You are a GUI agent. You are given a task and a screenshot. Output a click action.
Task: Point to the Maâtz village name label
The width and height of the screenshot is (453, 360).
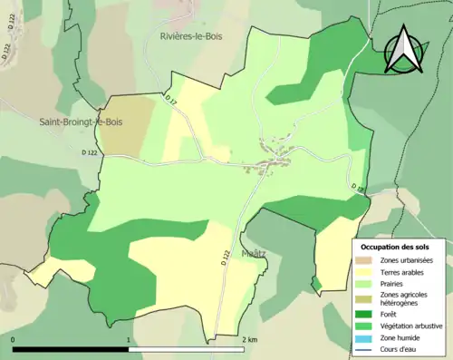coord(254,255)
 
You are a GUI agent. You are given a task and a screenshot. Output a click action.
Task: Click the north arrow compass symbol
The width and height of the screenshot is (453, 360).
coord(402,50)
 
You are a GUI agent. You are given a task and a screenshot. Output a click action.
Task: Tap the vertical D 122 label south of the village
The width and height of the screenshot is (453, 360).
coord(225,258)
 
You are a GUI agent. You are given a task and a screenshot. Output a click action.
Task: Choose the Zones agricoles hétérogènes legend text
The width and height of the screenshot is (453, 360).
coord(405,299)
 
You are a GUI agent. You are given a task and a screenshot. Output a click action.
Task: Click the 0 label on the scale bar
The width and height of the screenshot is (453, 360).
coord(14,339)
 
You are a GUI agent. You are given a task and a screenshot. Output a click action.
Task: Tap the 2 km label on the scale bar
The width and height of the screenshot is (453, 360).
coord(250,339)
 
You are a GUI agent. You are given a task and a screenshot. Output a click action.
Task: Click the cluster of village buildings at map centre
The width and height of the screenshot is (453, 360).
coord(272,161)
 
